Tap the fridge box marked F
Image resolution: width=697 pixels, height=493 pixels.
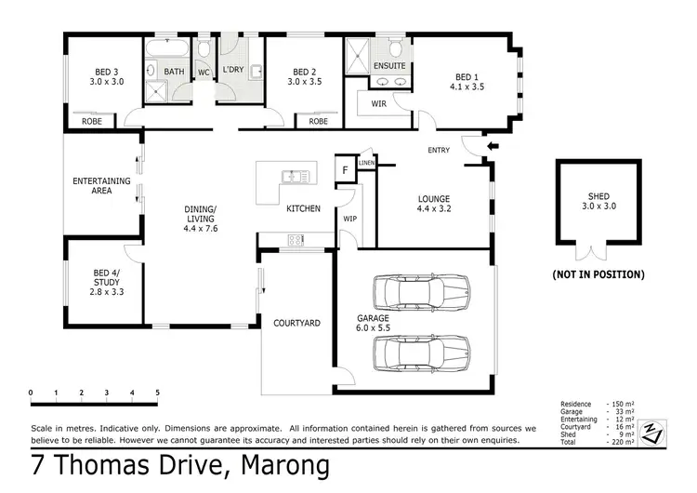point(345,171)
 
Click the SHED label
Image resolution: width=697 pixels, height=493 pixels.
point(598,197)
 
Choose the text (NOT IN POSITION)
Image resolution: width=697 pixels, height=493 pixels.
point(598,274)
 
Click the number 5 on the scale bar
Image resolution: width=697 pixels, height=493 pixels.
point(157,393)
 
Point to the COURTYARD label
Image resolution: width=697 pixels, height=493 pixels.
point(296,323)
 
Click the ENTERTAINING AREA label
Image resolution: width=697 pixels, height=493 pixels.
point(100,186)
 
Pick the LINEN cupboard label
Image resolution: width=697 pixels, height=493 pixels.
point(366,163)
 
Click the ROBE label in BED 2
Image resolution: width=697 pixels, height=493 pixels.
point(318,121)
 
